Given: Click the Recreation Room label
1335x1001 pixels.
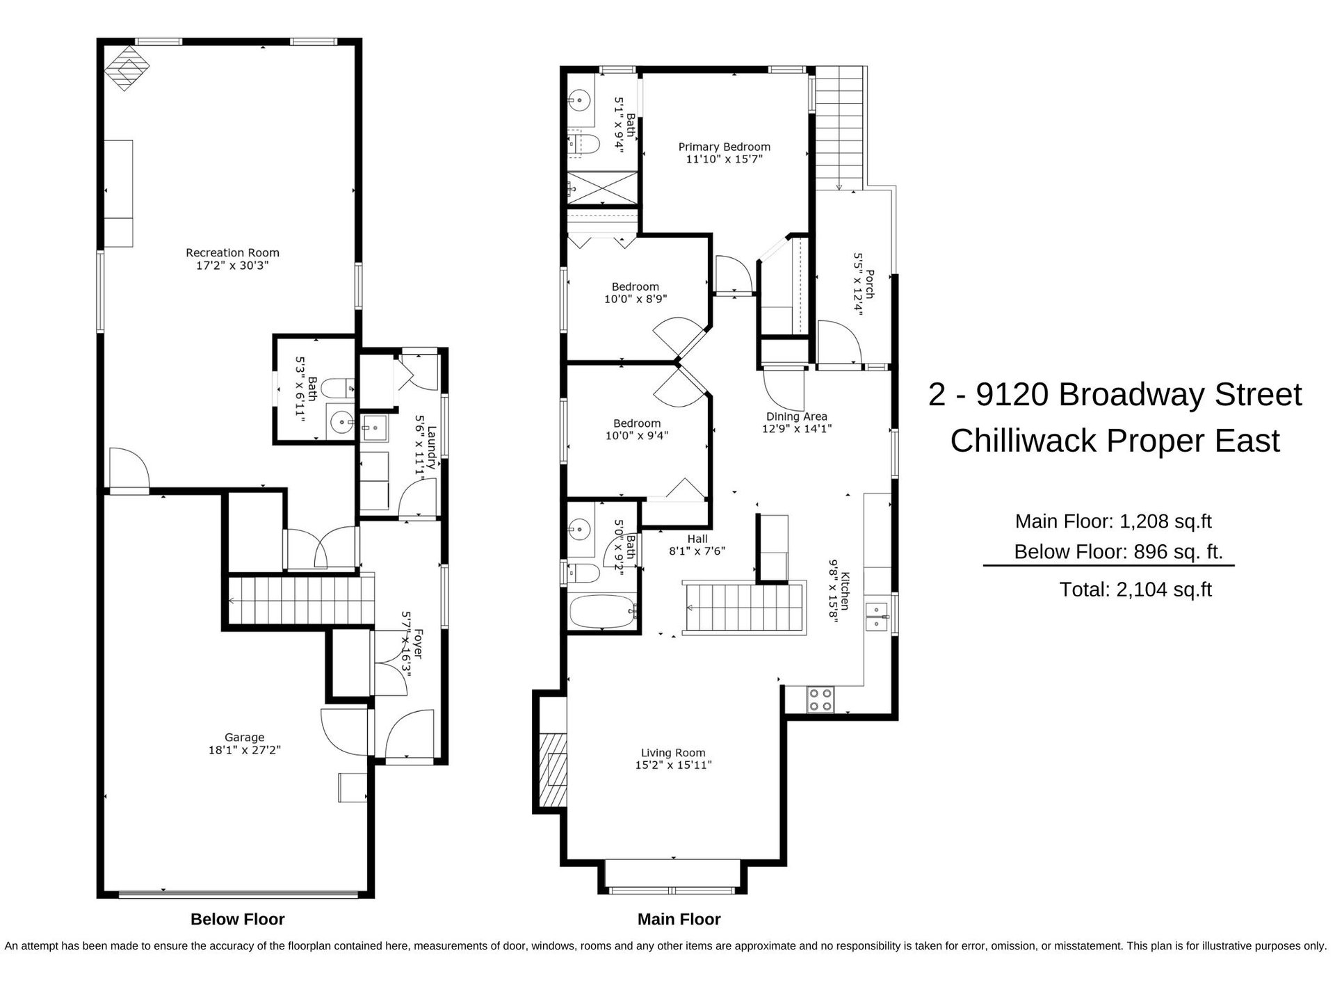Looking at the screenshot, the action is click(232, 253).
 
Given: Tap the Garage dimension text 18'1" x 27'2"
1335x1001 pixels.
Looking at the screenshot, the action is click(244, 750).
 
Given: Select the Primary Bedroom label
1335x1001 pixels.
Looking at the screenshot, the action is click(724, 147).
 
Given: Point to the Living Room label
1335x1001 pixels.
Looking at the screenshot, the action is click(673, 753).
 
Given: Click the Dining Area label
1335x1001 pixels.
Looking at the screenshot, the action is click(796, 416).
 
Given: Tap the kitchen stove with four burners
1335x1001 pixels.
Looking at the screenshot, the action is click(821, 699).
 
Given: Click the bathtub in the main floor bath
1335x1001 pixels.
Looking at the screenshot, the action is click(603, 612).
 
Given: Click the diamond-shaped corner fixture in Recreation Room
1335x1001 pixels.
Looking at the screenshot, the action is click(127, 68).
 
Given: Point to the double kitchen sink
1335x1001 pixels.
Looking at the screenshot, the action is click(877, 616).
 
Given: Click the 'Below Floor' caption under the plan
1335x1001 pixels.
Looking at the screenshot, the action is click(238, 920).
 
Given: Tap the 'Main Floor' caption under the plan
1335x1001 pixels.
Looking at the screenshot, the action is click(679, 920).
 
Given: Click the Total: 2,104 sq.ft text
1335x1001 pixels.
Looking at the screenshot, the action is click(1135, 589).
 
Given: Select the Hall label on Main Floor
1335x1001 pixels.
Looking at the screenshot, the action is click(697, 539).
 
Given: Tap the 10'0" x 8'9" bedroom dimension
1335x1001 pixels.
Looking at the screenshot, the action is click(636, 299).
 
